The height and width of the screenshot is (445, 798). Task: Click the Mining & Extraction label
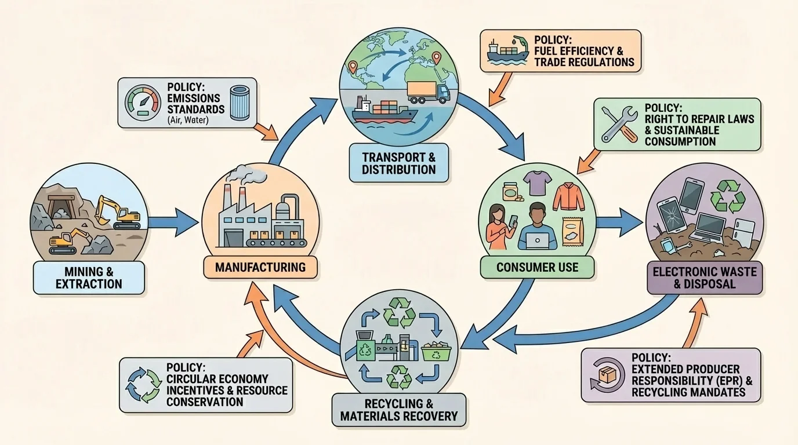(89, 277)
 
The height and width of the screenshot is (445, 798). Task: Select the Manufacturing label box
(260, 267)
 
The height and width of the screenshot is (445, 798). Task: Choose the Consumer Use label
(537, 267)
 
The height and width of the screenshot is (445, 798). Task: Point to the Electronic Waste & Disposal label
(705, 277)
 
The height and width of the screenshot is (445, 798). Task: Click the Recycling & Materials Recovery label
(398, 409)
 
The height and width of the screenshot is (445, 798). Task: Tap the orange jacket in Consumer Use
(565, 196)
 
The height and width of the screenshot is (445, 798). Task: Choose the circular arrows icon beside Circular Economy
(143, 385)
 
